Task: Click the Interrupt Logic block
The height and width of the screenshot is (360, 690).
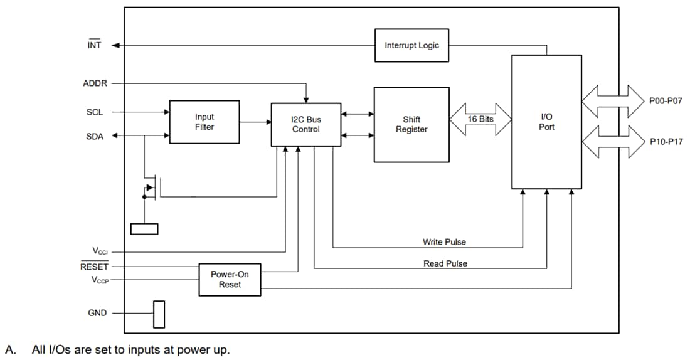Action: point(411,45)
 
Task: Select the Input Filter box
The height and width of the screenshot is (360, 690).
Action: point(204,122)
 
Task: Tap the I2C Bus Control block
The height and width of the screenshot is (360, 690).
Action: point(305,124)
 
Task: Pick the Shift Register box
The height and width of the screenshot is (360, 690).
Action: point(411,124)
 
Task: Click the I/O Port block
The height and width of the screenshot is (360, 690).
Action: point(546,122)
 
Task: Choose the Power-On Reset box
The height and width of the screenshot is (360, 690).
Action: point(230,280)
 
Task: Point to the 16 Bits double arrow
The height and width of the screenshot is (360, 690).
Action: point(480,119)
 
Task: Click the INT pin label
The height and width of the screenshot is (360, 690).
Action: point(94,45)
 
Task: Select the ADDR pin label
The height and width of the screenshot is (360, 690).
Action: point(95,83)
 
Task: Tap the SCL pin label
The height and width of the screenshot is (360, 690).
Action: point(95,112)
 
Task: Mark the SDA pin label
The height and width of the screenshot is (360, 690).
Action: point(95,136)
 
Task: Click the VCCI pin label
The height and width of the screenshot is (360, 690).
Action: point(100,251)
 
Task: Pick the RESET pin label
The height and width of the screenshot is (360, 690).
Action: point(95,267)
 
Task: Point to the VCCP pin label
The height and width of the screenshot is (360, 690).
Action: point(100,280)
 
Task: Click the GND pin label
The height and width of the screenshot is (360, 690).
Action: point(97,313)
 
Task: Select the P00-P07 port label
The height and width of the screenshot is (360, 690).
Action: point(666,100)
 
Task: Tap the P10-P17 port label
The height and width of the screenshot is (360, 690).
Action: point(666,141)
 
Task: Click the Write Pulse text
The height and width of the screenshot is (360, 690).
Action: point(444,242)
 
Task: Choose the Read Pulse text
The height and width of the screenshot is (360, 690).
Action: point(445,263)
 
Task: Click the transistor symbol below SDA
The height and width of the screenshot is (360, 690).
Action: point(151,188)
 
